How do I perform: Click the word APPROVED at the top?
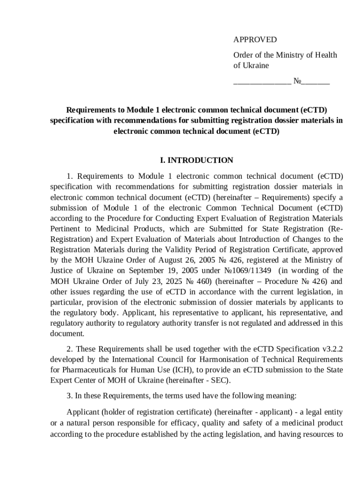pyautogui.click(x=255, y=40)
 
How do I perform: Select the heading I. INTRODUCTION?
pyautogui.click(x=196, y=160)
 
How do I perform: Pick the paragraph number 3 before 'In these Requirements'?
pyautogui.click(x=70, y=396)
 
